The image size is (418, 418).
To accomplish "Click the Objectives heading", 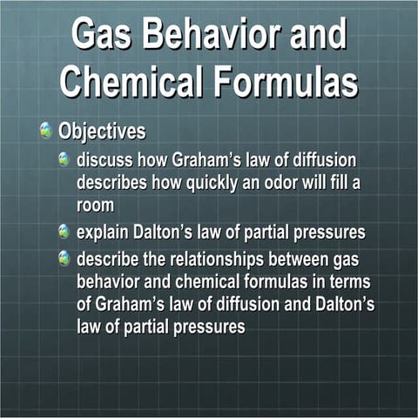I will (x=102, y=133).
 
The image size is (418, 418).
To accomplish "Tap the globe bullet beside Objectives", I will (x=45, y=132).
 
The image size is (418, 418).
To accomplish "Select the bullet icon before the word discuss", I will (x=64, y=161).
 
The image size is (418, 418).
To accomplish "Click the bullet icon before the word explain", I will (x=64, y=233).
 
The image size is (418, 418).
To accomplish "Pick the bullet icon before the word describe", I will (x=64, y=259).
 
